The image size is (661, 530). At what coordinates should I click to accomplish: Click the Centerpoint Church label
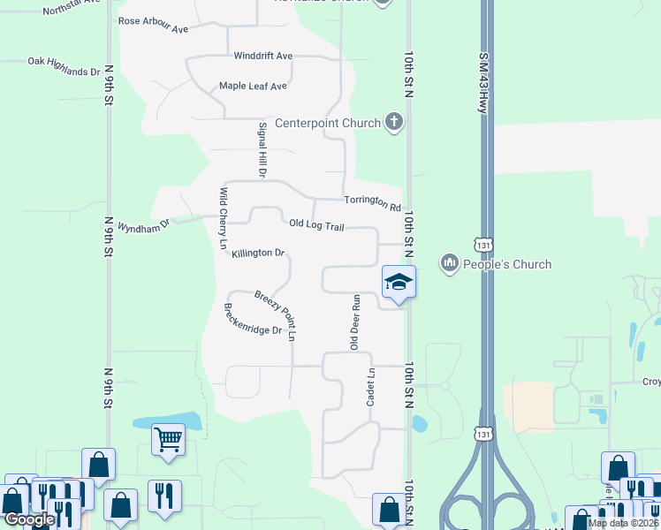click(x=327, y=123)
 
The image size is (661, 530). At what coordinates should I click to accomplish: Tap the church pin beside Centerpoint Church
click(x=394, y=123)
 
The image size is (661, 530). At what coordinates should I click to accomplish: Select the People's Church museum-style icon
click(x=450, y=263)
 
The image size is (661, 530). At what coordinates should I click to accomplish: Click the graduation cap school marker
click(x=399, y=282)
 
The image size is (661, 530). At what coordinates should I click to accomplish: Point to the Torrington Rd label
click(x=372, y=203)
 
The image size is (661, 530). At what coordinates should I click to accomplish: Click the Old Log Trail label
click(x=316, y=225)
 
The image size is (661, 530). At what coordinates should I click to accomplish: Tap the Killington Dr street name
click(x=258, y=253)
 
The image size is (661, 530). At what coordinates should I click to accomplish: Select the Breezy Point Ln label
click(x=275, y=314)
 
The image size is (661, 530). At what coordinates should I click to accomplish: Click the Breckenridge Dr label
click(x=252, y=319)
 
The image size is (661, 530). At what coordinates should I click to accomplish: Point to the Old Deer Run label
click(x=355, y=322)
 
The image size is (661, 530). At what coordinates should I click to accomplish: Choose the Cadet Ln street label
click(x=371, y=388)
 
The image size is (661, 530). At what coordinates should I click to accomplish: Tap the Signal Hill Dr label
click(x=262, y=150)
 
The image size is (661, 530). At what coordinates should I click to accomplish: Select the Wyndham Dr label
click(x=142, y=227)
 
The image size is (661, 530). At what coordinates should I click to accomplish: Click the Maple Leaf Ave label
click(x=254, y=87)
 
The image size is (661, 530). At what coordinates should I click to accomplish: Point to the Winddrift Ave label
click(x=262, y=56)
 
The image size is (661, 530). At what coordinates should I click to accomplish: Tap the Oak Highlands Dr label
click(x=64, y=66)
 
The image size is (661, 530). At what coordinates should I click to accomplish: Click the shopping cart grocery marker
click(x=168, y=437)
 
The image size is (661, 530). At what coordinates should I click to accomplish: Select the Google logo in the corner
click(x=29, y=519)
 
